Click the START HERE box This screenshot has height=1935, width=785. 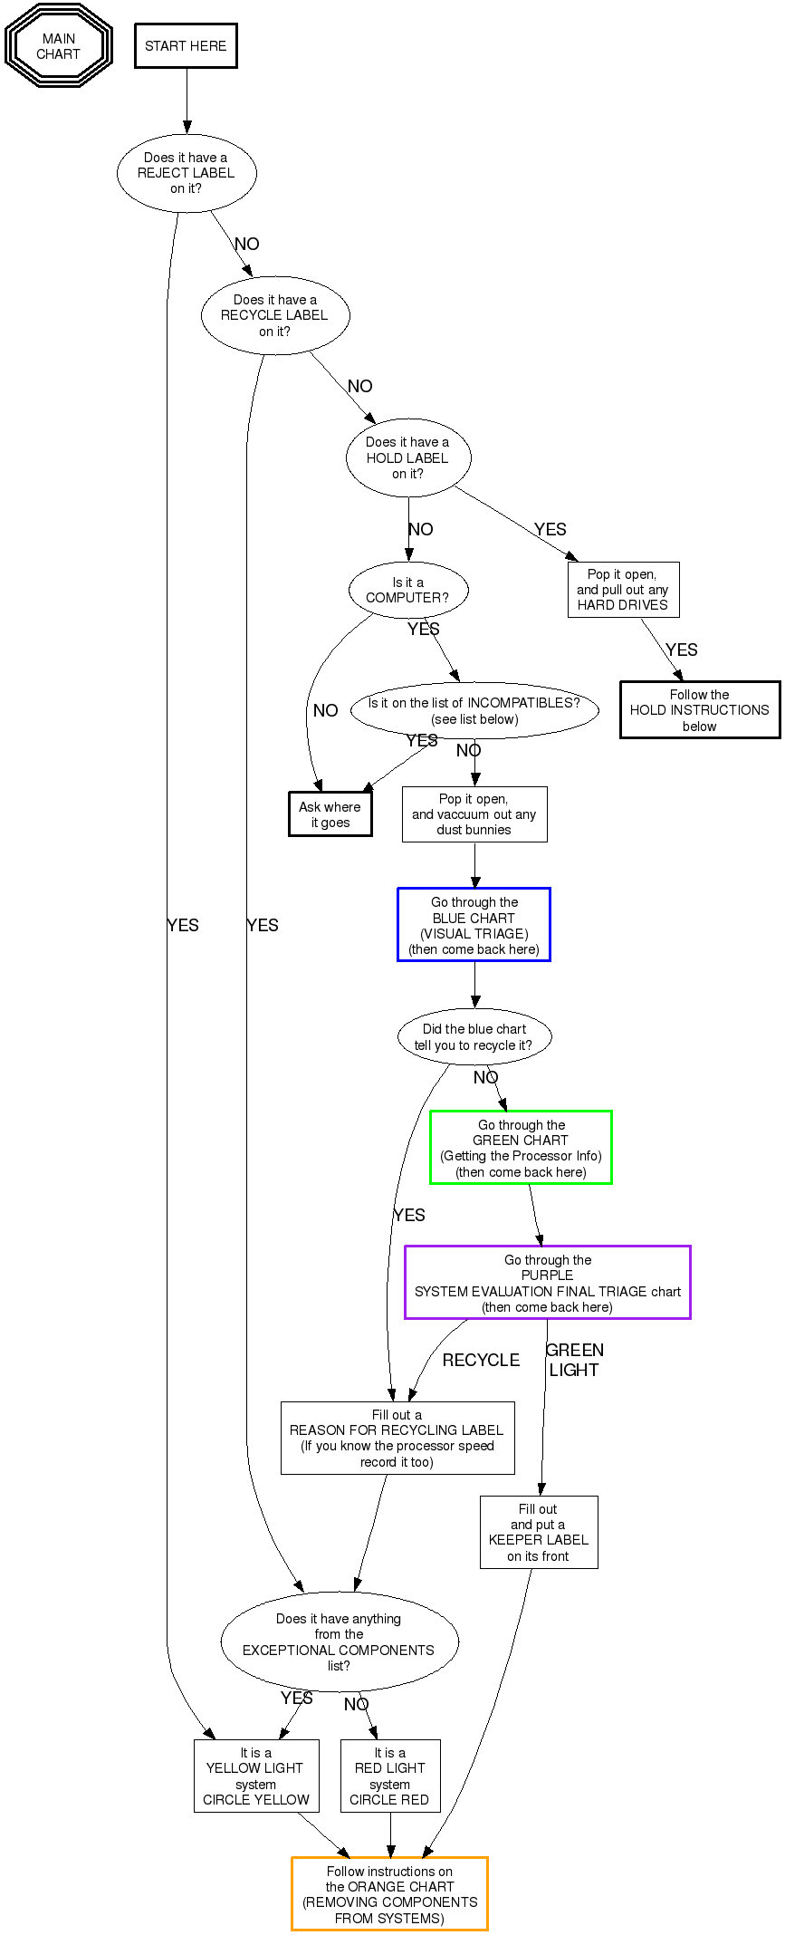coord(186,46)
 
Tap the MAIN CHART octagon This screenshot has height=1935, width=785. coord(59,46)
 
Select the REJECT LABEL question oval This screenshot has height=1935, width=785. coord(187,173)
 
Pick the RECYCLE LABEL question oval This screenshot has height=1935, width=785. coord(275,315)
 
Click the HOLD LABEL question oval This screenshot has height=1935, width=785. coord(408,457)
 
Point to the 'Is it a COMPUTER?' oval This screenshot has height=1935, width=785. coord(408,591)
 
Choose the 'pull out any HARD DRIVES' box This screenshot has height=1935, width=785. coord(623,590)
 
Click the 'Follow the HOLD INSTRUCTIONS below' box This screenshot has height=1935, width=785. coord(700,710)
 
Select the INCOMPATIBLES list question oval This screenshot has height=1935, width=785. coord(474,711)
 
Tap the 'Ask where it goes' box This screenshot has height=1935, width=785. coord(330,814)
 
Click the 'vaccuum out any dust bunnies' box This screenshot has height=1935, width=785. coord(474,814)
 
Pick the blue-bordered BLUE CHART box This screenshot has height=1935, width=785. coord(474,925)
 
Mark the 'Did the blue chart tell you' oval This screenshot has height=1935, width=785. coord(474,1037)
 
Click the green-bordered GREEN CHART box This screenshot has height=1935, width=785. coord(521,1148)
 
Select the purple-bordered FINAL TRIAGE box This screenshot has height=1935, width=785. coord(547,1283)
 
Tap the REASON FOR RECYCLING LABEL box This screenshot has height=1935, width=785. coord(397,1439)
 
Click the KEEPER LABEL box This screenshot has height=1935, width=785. coord(539,1532)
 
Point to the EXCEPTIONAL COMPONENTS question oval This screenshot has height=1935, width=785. coord(340,1641)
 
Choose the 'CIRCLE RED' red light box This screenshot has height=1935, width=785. coord(390,1776)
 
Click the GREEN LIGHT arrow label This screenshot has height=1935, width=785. coord(574,1360)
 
